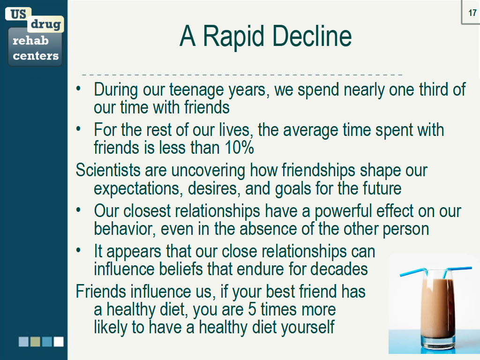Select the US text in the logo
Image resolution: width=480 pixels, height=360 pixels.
coord(18,14)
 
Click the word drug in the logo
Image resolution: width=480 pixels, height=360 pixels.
coord(45,24)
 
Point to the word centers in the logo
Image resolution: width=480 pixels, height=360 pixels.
coord(36,56)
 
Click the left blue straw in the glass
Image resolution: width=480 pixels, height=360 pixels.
coord(412,272)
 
